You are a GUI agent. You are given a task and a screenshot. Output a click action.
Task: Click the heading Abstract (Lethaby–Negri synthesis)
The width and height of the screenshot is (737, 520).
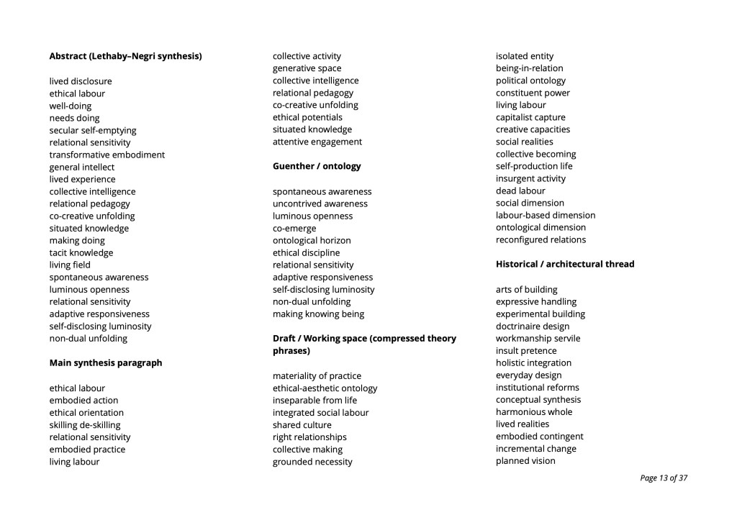(x=125, y=56)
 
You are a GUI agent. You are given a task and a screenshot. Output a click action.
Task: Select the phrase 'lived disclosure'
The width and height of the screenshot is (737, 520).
(x=81, y=81)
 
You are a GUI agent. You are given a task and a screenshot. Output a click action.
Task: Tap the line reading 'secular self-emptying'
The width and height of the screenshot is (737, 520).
(x=93, y=130)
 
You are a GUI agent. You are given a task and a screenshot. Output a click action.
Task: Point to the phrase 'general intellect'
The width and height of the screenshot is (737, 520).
(x=82, y=167)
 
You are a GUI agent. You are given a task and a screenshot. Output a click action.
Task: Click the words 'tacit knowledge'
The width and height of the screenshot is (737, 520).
(x=81, y=252)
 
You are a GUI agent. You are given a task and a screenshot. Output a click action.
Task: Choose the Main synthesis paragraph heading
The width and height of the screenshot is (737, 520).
(x=106, y=362)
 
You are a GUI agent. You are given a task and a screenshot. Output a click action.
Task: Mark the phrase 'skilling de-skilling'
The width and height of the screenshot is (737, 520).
(x=85, y=424)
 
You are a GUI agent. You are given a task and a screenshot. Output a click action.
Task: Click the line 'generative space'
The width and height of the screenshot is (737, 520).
(x=307, y=68)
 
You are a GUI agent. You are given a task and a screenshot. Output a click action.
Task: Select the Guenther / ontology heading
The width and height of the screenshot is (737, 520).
(x=317, y=166)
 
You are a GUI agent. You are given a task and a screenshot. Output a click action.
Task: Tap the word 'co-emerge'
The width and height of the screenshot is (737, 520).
(x=294, y=228)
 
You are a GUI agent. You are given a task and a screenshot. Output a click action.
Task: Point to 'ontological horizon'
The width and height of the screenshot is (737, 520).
(x=312, y=240)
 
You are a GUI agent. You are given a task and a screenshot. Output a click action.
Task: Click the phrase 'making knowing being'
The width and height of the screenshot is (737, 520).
(x=318, y=314)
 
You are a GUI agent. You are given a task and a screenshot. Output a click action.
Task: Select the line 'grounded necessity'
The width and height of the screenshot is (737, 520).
(x=312, y=462)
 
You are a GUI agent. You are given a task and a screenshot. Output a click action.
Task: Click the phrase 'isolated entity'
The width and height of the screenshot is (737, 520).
(x=525, y=56)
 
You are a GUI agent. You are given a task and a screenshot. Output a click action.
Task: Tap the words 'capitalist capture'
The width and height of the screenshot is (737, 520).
(x=530, y=117)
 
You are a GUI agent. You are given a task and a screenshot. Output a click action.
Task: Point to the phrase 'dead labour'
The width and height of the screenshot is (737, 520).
(x=520, y=191)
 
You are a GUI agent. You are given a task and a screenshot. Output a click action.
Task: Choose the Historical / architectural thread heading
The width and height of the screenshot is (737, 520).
(x=565, y=264)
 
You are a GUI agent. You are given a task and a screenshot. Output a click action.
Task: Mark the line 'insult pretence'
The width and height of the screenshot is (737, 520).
(x=526, y=350)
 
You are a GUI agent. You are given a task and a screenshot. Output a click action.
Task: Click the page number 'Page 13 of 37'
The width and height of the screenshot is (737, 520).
(x=664, y=478)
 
